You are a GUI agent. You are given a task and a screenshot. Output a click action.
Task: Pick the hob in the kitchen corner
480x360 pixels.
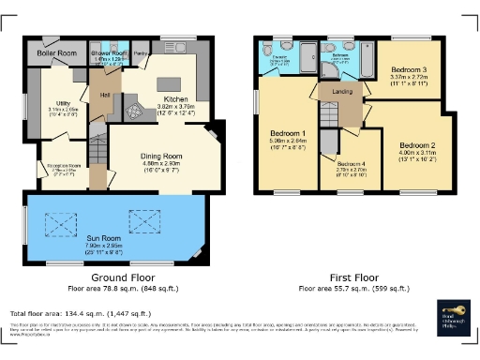click(137, 112)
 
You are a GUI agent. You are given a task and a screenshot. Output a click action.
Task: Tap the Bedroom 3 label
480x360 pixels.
click(409, 70)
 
